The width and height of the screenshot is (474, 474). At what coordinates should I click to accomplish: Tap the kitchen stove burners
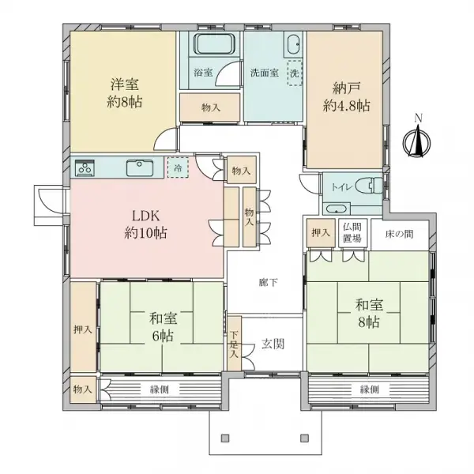click(x=85, y=167)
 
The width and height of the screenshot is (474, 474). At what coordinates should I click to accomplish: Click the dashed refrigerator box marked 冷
click(x=178, y=168)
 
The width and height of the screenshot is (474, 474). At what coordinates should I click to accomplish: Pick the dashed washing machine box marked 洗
click(x=294, y=71)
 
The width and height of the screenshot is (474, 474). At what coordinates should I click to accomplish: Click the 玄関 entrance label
click(x=273, y=344)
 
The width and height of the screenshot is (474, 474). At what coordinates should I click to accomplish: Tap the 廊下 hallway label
click(x=267, y=282)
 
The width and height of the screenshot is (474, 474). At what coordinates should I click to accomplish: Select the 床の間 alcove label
click(x=399, y=235)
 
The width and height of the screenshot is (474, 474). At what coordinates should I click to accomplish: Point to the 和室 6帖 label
click(x=163, y=327)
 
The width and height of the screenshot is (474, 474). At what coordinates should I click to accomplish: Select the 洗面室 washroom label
click(x=264, y=72)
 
